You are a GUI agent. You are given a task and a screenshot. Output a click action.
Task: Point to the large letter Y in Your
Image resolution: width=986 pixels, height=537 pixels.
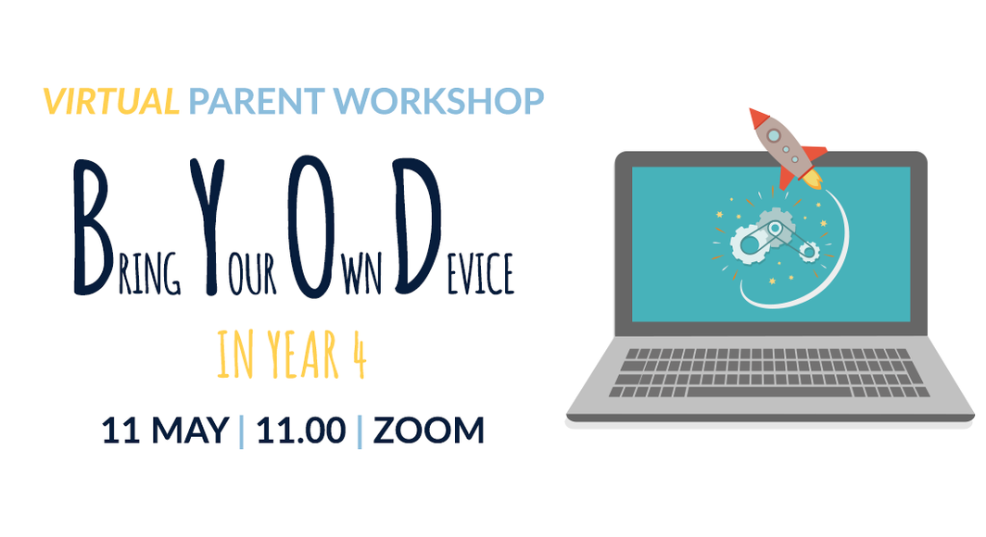211,228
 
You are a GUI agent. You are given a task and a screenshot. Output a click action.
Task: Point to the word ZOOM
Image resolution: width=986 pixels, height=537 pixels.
428,431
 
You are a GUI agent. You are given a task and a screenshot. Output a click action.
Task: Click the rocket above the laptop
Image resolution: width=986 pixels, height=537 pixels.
786,148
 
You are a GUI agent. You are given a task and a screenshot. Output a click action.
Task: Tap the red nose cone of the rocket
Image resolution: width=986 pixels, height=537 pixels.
759,119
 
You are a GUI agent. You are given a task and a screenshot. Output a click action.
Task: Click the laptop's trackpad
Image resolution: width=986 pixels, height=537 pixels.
769,408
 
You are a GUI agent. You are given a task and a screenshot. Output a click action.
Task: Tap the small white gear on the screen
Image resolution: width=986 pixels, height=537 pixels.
807,250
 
